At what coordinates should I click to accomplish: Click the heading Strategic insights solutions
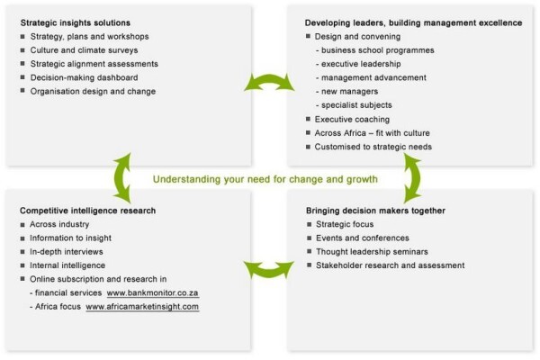coord(76,23)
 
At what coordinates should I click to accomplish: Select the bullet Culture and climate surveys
coord(84,50)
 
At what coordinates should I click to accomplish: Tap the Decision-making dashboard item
coord(84,77)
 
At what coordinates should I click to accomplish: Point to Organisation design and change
coord(93,91)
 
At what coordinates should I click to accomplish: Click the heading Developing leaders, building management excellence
coord(413,23)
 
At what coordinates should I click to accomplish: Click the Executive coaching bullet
coord(352,119)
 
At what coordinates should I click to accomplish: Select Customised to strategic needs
coord(373,147)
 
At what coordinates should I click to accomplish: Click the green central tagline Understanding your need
coord(265,179)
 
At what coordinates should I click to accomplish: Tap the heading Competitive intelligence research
coord(88,211)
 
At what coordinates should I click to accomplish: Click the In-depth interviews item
coord(66,252)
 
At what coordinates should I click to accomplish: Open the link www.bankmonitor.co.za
coord(153,293)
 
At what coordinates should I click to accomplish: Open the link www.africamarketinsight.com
coord(142,307)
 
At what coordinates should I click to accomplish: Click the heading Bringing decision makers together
coord(375,211)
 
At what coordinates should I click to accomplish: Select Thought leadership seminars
coord(372,252)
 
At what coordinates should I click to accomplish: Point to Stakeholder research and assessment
coord(391,265)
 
